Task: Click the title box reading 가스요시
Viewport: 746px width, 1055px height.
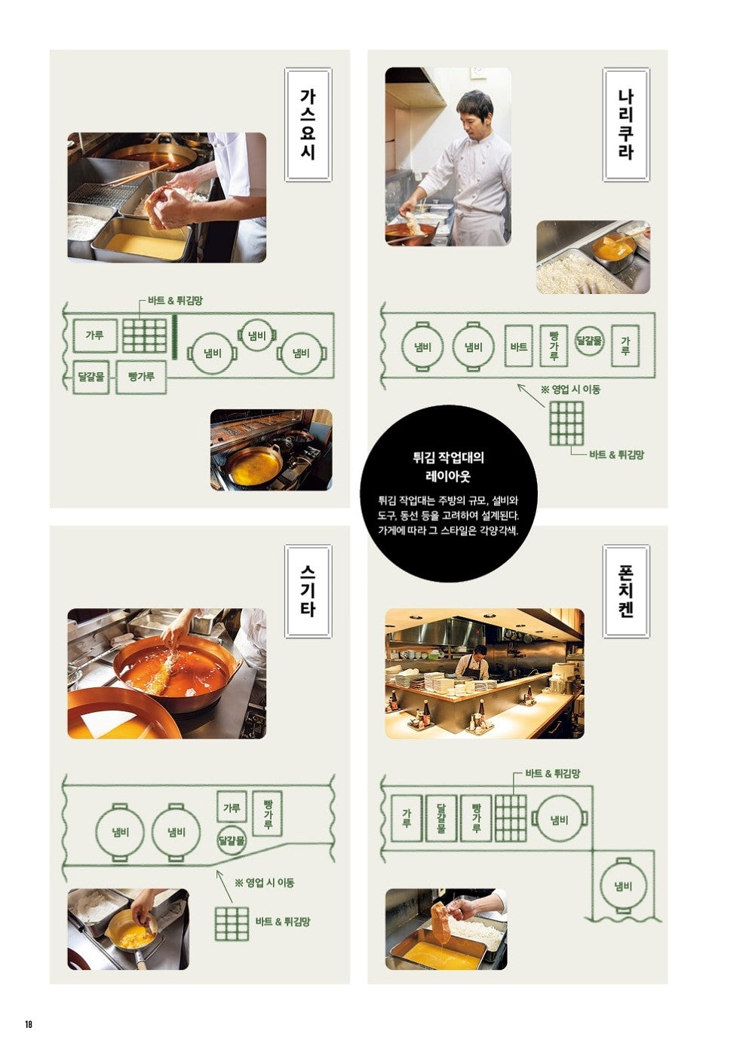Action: tap(308, 124)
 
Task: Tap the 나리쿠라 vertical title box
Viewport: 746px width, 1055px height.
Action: tap(625, 124)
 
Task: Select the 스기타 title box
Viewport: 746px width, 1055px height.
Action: tap(308, 592)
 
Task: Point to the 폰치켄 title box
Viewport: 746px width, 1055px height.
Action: tap(625, 592)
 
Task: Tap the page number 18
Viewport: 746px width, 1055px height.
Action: tap(29, 1024)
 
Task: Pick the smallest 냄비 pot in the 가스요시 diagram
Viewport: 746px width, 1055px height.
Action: tap(256, 335)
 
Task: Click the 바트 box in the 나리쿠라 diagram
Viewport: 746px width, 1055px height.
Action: tap(518, 347)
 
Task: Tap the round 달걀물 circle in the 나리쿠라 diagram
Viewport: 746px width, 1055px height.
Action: tap(590, 341)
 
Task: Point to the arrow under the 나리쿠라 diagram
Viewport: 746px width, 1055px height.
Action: tap(530, 396)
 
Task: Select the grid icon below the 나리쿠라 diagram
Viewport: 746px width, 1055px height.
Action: tap(566, 423)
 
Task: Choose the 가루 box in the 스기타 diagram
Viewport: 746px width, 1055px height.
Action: tap(232, 807)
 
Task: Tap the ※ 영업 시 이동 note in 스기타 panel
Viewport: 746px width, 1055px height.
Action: tap(264, 882)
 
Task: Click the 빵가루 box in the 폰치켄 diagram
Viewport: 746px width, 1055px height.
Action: tap(476, 818)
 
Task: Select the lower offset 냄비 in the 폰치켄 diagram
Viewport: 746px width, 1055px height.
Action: tap(623, 886)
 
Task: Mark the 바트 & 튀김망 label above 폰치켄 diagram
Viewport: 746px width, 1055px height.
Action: tap(552, 773)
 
